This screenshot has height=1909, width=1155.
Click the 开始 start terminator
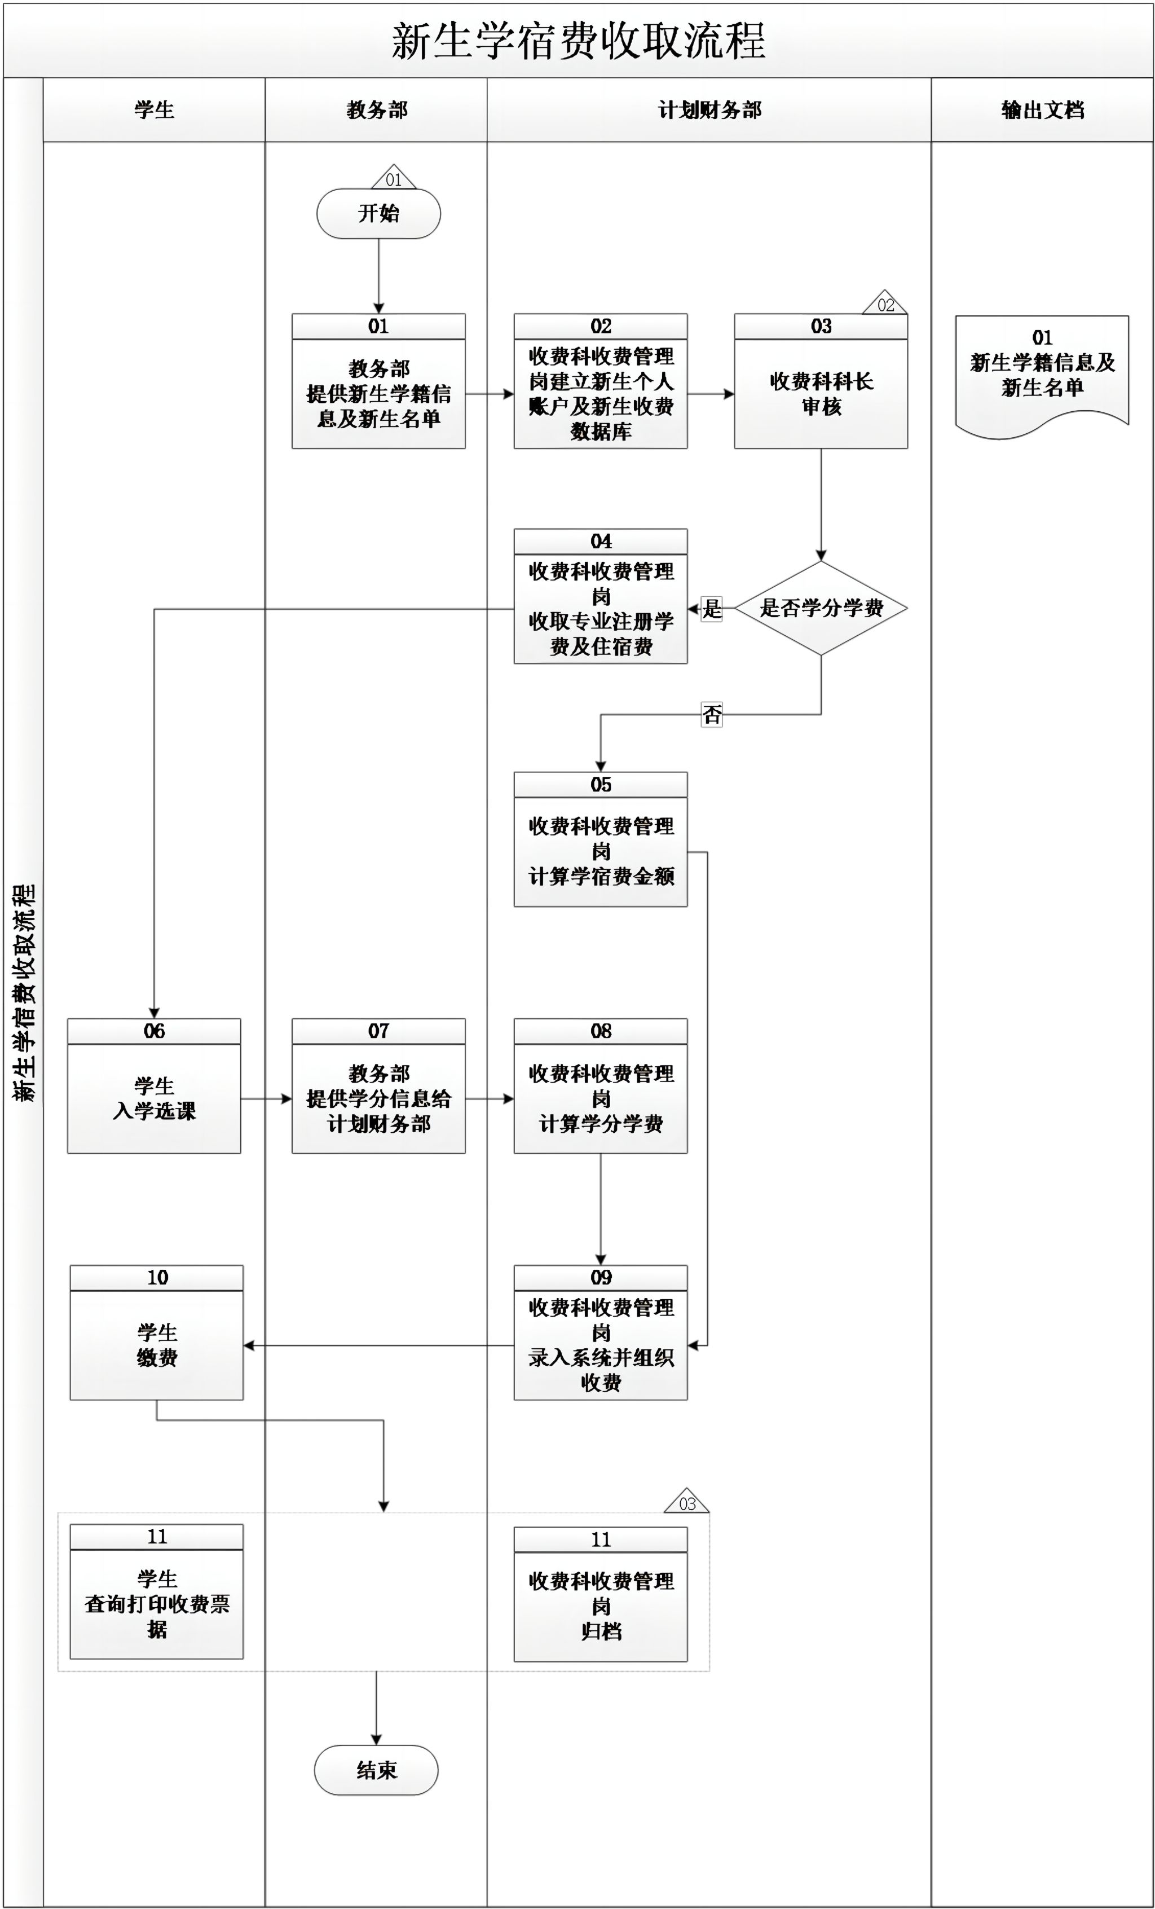(x=378, y=214)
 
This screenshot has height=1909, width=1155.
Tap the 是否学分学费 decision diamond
(x=821, y=608)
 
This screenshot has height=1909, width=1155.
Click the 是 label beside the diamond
(x=711, y=609)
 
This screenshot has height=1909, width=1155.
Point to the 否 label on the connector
(x=711, y=714)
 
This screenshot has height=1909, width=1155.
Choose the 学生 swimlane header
(x=154, y=110)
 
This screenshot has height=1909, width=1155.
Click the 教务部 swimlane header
(x=377, y=110)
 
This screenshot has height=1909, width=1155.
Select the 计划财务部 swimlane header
(x=709, y=110)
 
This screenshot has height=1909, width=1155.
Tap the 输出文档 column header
(x=1042, y=110)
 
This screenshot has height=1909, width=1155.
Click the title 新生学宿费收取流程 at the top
(x=578, y=40)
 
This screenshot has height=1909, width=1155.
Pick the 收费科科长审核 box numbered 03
(x=821, y=394)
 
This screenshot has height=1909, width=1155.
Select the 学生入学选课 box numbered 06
(x=154, y=1098)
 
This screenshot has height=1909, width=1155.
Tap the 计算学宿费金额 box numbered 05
(x=601, y=851)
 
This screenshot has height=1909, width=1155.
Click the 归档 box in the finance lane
(x=601, y=1606)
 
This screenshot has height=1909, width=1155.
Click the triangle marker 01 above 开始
(x=394, y=179)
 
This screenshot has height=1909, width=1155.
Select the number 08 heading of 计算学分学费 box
(x=601, y=1031)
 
